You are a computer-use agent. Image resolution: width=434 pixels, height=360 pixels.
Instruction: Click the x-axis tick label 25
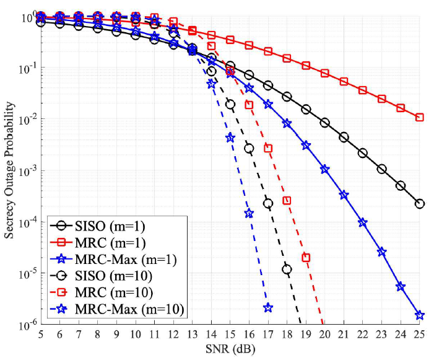coord(419,334)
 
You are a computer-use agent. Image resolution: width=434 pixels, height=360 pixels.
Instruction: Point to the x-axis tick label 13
coord(192,334)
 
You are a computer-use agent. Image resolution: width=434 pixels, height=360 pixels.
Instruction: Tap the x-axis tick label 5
coord(41,334)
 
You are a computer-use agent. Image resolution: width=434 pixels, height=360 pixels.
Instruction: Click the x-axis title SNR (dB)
coord(230,348)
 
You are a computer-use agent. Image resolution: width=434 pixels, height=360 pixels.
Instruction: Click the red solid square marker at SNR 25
coord(419,117)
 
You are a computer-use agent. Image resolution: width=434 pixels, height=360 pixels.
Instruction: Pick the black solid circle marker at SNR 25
coord(419,203)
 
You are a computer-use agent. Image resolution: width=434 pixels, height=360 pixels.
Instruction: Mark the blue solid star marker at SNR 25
coord(419,315)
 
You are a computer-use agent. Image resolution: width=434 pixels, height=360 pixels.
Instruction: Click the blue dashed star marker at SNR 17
coord(268,307)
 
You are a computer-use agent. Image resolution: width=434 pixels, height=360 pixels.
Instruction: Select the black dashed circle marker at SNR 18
coord(287,269)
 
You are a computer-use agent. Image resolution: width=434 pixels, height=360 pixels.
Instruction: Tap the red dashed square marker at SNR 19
coord(306,257)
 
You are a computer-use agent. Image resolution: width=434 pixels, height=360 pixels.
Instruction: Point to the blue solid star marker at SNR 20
coord(324,169)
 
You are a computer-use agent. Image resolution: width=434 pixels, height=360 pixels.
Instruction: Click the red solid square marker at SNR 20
coord(324,73)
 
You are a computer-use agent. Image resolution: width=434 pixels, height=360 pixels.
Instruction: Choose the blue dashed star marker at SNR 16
coord(249,213)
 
